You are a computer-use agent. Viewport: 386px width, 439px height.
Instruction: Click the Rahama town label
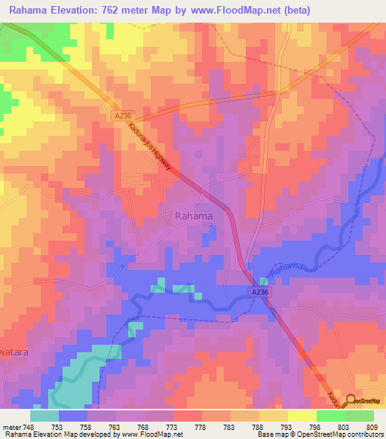193,216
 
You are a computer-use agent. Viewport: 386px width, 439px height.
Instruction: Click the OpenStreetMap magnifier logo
351,401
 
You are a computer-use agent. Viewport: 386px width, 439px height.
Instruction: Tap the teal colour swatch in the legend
44,415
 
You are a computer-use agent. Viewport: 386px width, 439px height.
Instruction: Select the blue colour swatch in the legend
73,415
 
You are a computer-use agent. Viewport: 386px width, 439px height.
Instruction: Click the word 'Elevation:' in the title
85,9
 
